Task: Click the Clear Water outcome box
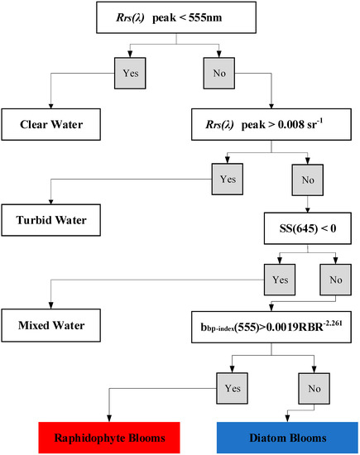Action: [x=55, y=127]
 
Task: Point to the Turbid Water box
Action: [x=57, y=223]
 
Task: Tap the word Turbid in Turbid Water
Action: [x=38, y=223]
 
